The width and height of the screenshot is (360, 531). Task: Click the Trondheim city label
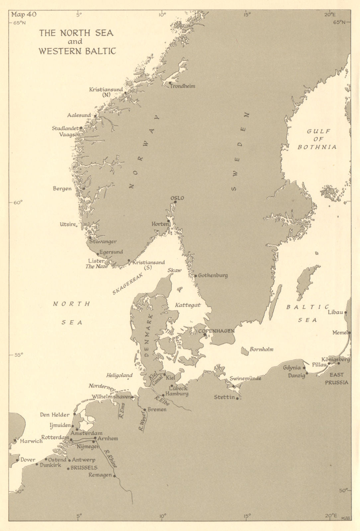click(x=182, y=86)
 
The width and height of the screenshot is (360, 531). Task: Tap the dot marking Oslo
click(x=175, y=202)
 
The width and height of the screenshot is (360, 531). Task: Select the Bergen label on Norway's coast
click(x=62, y=189)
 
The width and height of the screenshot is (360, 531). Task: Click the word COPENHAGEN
click(x=217, y=331)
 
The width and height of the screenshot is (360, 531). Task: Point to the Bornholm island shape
click(x=245, y=351)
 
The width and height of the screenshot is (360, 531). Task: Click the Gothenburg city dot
click(x=196, y=276)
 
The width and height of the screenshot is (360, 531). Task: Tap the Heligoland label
click(x=119, y=375)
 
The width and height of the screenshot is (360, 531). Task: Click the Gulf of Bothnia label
click(x=317, y=139)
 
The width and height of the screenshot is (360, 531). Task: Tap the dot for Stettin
click(x=237, y=398)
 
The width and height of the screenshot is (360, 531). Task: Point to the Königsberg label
click(x=335, y=359)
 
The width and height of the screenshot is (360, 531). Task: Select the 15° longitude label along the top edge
click(x=247, y=14)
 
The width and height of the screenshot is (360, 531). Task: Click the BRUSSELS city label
click(x=84, y=468)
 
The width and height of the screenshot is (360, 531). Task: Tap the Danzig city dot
click(x=307, y=373)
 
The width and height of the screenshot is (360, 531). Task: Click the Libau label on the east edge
click(x=335, y=312)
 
